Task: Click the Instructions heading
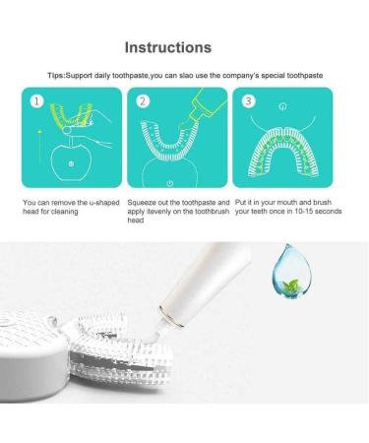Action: point(183,46)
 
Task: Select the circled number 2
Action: point(142,100)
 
